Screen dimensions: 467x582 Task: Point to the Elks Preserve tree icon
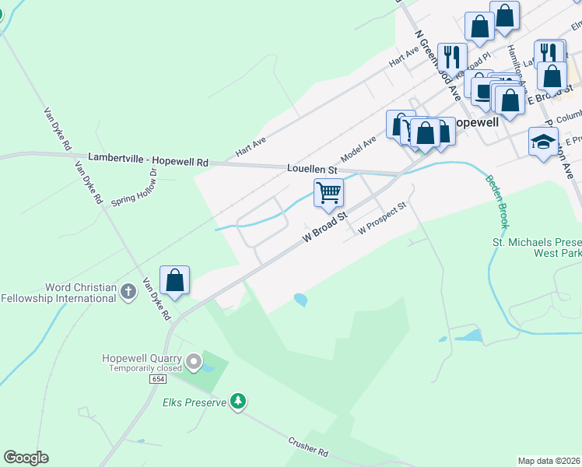click(x=238, y=402)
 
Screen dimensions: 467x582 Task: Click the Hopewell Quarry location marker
click(x=193, y=362)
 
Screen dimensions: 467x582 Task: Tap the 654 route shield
click(x=160, y=378)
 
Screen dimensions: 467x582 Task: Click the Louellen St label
click(x=311, y=169)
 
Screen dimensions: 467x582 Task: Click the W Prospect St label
click(x=383, y=219)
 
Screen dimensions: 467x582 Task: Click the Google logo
click(x=26, y=458)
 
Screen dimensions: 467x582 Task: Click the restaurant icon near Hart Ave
click(x=451, y=56)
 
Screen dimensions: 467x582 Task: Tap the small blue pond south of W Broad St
click(x=300, y=299)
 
